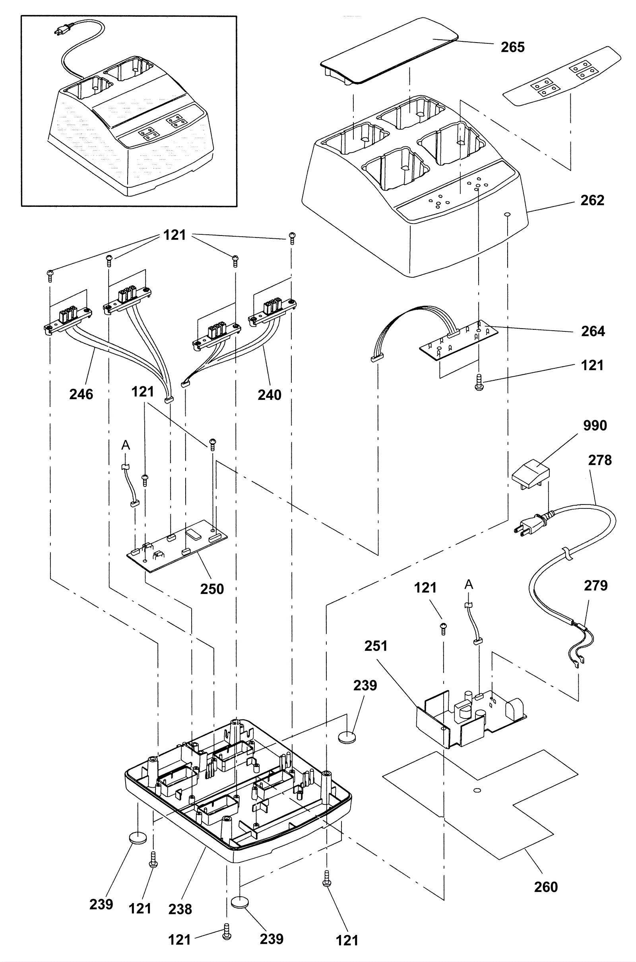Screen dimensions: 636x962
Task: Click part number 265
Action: click(513, 47)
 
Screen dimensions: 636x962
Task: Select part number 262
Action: click(592, 200)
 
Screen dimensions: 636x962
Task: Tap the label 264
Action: click(593, 331)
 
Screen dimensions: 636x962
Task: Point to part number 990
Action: click(595, 426)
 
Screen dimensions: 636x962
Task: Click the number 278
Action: click(600, 460)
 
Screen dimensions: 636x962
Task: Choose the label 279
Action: click(596, 585)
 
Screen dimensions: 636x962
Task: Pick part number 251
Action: click(376, 646)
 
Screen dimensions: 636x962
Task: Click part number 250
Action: click(212, 589)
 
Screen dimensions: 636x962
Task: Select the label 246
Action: click(81, 394)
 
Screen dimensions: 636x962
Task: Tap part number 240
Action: click(270, 395)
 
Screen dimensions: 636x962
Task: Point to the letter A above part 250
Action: click(126, 445)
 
